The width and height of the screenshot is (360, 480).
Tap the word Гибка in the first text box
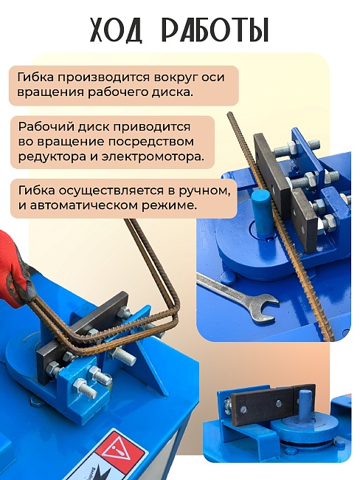click(37, 78)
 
